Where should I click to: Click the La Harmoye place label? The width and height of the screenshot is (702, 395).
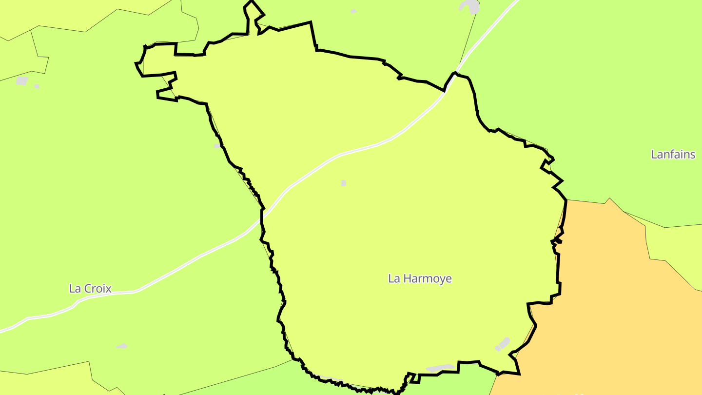[x=420, y=278]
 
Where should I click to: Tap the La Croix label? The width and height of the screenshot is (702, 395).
[x=90, y=288]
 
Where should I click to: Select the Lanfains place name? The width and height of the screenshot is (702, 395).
[x=673, y=155]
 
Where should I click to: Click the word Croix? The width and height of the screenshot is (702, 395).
[x=98, y=288]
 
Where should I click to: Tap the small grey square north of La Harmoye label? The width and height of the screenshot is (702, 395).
[x=344, y=183]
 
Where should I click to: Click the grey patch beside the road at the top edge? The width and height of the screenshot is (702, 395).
[x=471, y=6]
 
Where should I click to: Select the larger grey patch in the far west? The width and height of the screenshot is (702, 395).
[x=22, y=80]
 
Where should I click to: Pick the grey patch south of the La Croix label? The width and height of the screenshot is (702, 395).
[x=122, y=346]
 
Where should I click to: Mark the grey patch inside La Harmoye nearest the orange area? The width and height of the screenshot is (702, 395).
[x=503, y=344]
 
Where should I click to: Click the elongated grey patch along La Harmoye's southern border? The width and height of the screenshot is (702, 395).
[x=441, y=367]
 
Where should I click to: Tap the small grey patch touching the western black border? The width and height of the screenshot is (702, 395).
[x=217, y=146]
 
